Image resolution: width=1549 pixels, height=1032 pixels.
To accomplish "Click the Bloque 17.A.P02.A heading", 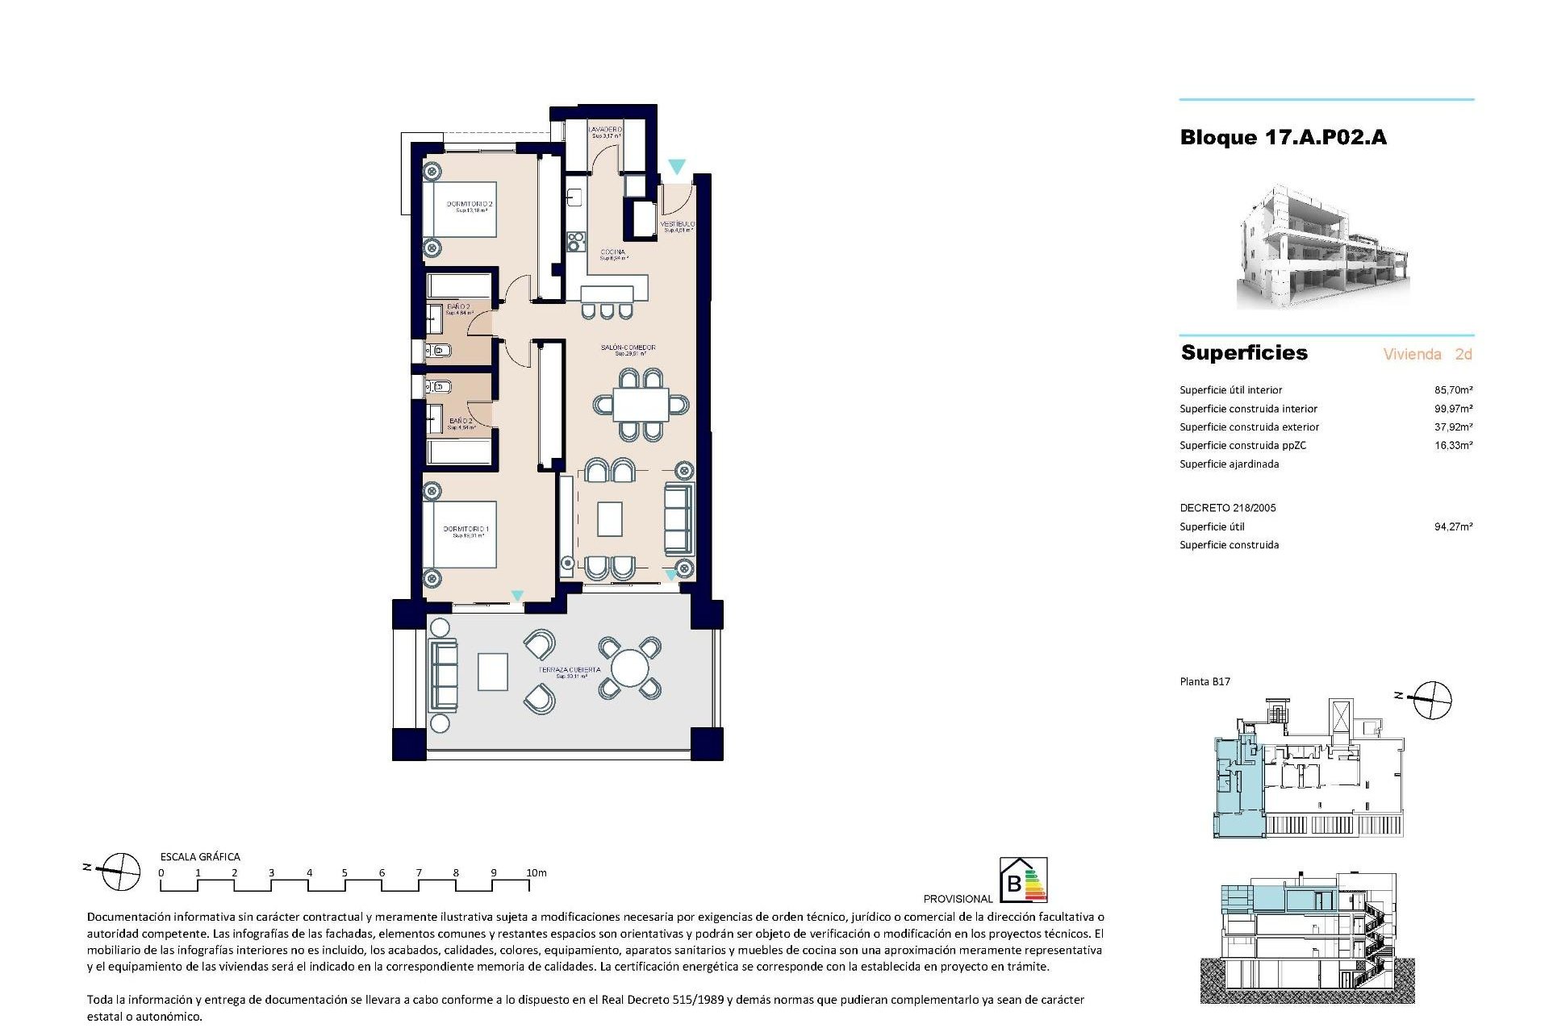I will pos(1283,138).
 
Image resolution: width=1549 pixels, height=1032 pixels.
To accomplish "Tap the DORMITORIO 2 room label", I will pos(470,205).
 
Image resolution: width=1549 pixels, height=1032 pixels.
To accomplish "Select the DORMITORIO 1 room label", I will pos(466,530).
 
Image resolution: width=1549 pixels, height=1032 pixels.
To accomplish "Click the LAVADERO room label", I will pos(605,130).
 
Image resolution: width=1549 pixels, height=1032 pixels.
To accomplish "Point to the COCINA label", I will pos(613,252).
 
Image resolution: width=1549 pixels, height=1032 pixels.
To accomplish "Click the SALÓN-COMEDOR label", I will pos(628,348).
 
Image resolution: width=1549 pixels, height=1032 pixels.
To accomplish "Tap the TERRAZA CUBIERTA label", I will pos(570,670).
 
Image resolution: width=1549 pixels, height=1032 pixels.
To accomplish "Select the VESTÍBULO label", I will pos(677,224).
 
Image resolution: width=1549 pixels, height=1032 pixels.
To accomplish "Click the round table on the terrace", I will pos(629,668).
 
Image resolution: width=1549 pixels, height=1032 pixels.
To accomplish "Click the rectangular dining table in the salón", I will pos(641,405).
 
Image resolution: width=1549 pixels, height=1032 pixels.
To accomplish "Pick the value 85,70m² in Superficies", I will pos(1453,390).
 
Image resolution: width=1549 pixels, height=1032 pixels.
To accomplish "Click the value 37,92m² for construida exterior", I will pos(1453,427).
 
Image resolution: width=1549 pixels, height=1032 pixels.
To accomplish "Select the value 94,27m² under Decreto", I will pos(1453,527).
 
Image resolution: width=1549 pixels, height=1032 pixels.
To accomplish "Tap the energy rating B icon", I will pos(1023,880).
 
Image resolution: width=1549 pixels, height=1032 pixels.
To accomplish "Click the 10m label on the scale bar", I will pos(537,873).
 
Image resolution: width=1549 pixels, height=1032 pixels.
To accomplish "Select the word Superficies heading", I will pos(1244,353).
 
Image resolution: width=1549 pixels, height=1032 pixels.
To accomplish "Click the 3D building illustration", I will pos(1323,248).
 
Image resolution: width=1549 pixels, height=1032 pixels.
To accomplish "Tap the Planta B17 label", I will pos(1205,682).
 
